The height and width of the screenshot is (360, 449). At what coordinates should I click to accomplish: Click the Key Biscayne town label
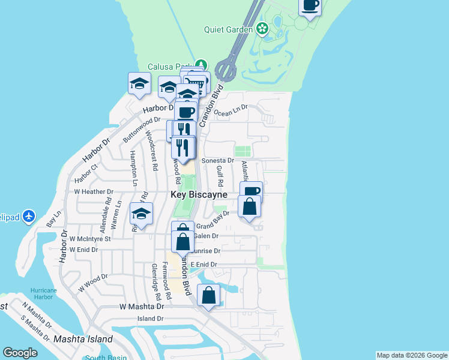199,194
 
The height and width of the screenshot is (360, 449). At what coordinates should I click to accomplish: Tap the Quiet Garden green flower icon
262,28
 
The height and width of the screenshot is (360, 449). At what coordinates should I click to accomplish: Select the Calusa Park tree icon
200,65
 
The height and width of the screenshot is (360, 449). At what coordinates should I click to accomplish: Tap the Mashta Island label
83,339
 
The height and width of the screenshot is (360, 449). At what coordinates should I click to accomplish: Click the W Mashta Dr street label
141,306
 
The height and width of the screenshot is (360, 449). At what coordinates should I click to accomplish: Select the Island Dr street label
151,319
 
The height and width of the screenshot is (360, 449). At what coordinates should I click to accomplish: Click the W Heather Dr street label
94,192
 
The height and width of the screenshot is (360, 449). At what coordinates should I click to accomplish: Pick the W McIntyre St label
90,238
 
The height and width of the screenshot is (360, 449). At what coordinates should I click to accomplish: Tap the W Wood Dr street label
92,283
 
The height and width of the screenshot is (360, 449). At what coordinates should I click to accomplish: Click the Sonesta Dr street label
217,161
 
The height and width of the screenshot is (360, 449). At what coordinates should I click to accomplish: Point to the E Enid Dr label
203,265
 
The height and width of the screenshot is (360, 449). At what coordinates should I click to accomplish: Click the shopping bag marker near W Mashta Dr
208,296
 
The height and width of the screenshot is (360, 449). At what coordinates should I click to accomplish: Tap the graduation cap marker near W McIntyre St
141,214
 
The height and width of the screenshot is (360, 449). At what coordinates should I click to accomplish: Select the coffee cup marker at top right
310,6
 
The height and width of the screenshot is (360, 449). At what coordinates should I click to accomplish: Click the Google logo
20,353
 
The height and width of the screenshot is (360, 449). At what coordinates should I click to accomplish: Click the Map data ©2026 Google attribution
412,355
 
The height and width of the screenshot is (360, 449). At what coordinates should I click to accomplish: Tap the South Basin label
103,358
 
